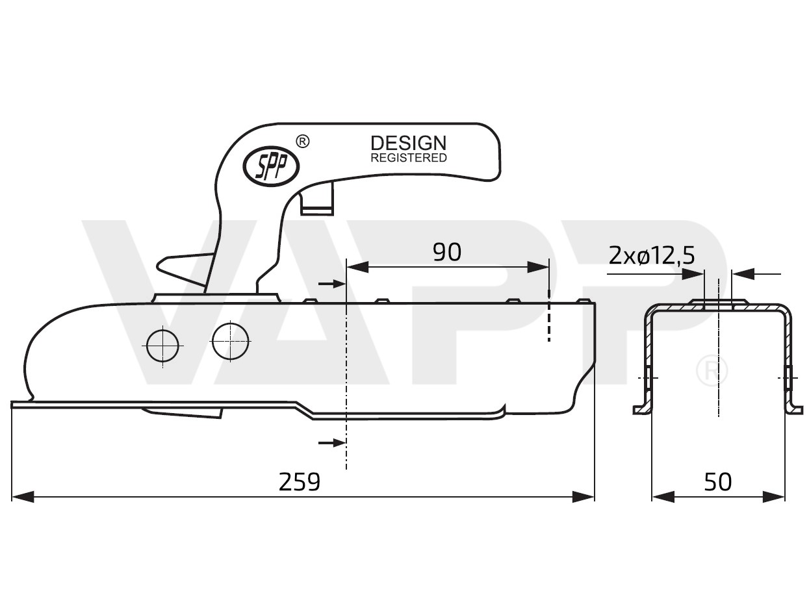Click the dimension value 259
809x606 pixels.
(x=300, y=482)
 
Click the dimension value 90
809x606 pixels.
(x=447, y=252)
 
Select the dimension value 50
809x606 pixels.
(x=717, y=482)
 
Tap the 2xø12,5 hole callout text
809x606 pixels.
(x=652, y=256)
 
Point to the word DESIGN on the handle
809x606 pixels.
(x=408, y=143)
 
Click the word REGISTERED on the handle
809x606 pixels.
(x=408, y=158)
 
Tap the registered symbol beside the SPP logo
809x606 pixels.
(x=302, y=141)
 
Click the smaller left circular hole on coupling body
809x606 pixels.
(x=162, y=346)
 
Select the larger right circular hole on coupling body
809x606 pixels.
(x=231, y=340)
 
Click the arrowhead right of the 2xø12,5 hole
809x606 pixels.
(x=743, y=274)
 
